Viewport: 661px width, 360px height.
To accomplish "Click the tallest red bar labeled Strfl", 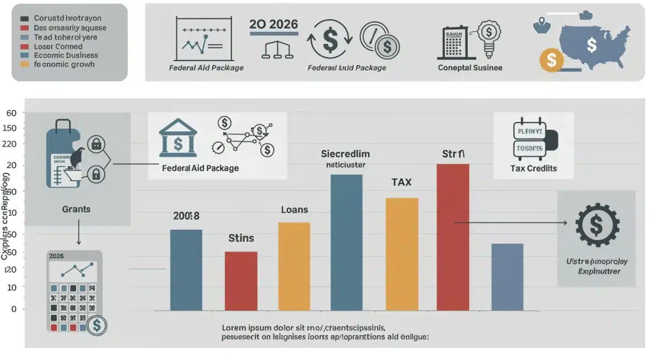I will tap(453, 237).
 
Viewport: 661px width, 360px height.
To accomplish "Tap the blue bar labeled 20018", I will tap(186, 270).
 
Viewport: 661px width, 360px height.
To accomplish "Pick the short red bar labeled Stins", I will tap(241, 281).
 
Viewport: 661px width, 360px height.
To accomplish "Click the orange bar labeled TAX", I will tap(402, 253).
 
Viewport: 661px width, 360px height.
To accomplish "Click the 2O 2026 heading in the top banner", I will tap(273, 24).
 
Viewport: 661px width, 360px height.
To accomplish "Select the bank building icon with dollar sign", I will tap(177, 138).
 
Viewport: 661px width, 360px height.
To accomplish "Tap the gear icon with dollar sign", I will tap(597, 224).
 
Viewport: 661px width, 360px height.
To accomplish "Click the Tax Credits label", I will tap(533, 168).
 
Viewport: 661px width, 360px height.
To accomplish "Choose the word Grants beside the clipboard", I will tap(76, 209).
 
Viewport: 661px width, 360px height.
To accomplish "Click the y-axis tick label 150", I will tap(10, 128).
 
